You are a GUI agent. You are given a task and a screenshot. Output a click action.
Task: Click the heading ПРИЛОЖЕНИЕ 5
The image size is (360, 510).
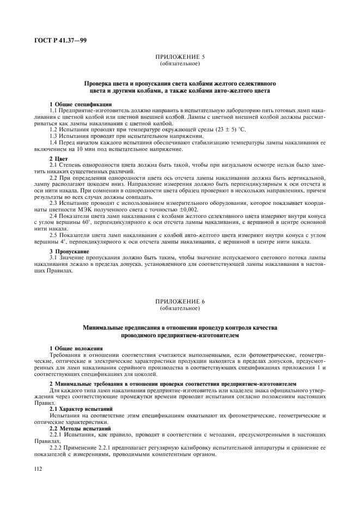(x=180, y=56)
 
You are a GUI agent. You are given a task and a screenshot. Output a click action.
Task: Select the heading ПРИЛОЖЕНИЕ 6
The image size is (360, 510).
(x=180, y=301)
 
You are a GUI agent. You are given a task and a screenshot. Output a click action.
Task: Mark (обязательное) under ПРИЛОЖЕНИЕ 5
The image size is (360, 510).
(x=180, y=63)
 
